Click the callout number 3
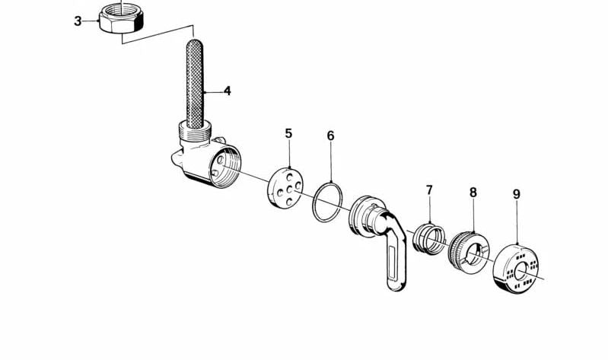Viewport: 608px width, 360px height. pos(78,21)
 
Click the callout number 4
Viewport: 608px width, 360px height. pos(228,91)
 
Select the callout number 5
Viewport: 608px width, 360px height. pos(288,133)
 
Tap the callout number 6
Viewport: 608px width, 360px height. pos(330,135)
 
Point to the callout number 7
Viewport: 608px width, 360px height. pos(429,190)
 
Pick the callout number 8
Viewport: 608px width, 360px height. pos(473,192)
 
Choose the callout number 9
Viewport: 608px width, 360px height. pos(517,194)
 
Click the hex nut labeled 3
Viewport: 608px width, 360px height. pos(121,18)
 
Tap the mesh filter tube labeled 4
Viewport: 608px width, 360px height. pos(195,84)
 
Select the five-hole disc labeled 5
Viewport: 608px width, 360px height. pos(285,187)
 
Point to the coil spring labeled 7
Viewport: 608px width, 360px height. pos(429,239)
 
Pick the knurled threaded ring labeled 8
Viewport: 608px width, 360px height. pos(468,253)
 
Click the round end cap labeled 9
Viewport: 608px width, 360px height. pos(516,269)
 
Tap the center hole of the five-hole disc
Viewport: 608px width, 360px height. pos(289,190)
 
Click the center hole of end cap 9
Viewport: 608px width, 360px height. pos(520,270)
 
